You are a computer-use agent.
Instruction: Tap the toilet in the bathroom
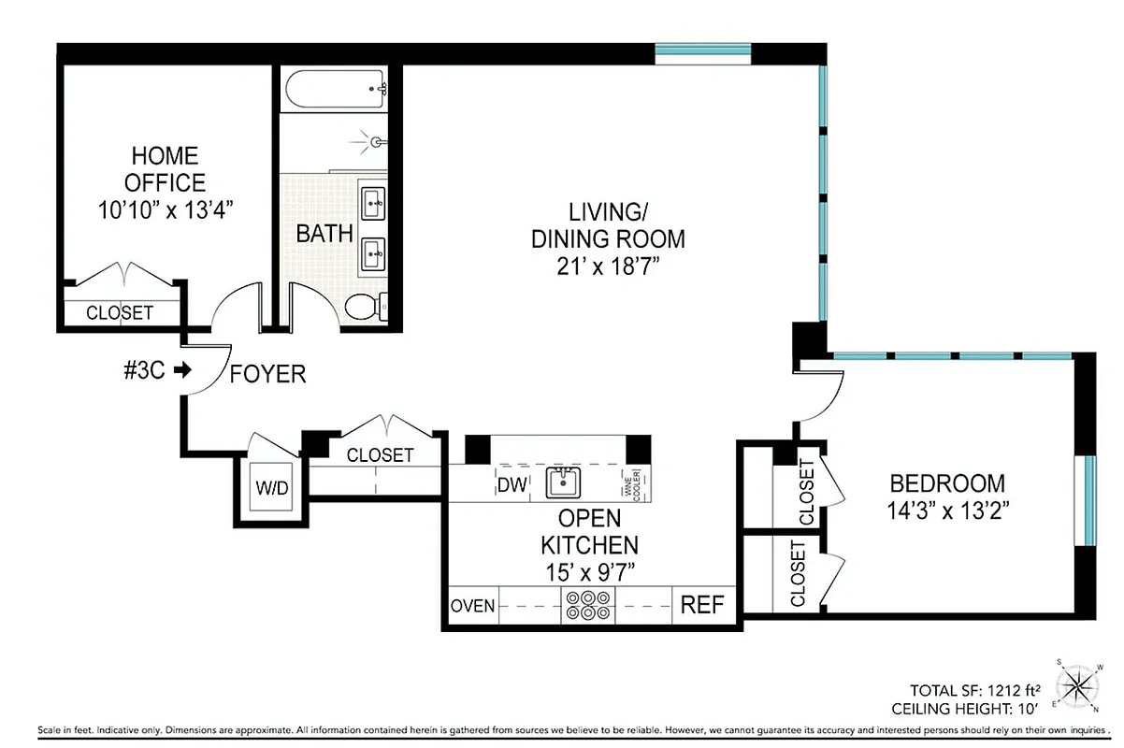click(365, 305)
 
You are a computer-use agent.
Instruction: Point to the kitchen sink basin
click(564, 483)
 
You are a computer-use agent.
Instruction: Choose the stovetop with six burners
click(586, 606)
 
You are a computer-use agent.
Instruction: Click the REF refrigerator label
click(701, 605)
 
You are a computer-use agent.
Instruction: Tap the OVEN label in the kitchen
click(473, 606)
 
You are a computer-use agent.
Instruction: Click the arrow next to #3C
click(182, 370)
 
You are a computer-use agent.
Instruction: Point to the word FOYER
click(268, 375)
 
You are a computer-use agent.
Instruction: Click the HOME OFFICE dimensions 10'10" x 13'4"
click(165, 209)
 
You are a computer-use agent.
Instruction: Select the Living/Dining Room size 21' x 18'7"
click(608, 267)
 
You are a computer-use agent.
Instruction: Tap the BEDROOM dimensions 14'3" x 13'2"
click(947, 511)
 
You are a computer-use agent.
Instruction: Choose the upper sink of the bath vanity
click(374, 201)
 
